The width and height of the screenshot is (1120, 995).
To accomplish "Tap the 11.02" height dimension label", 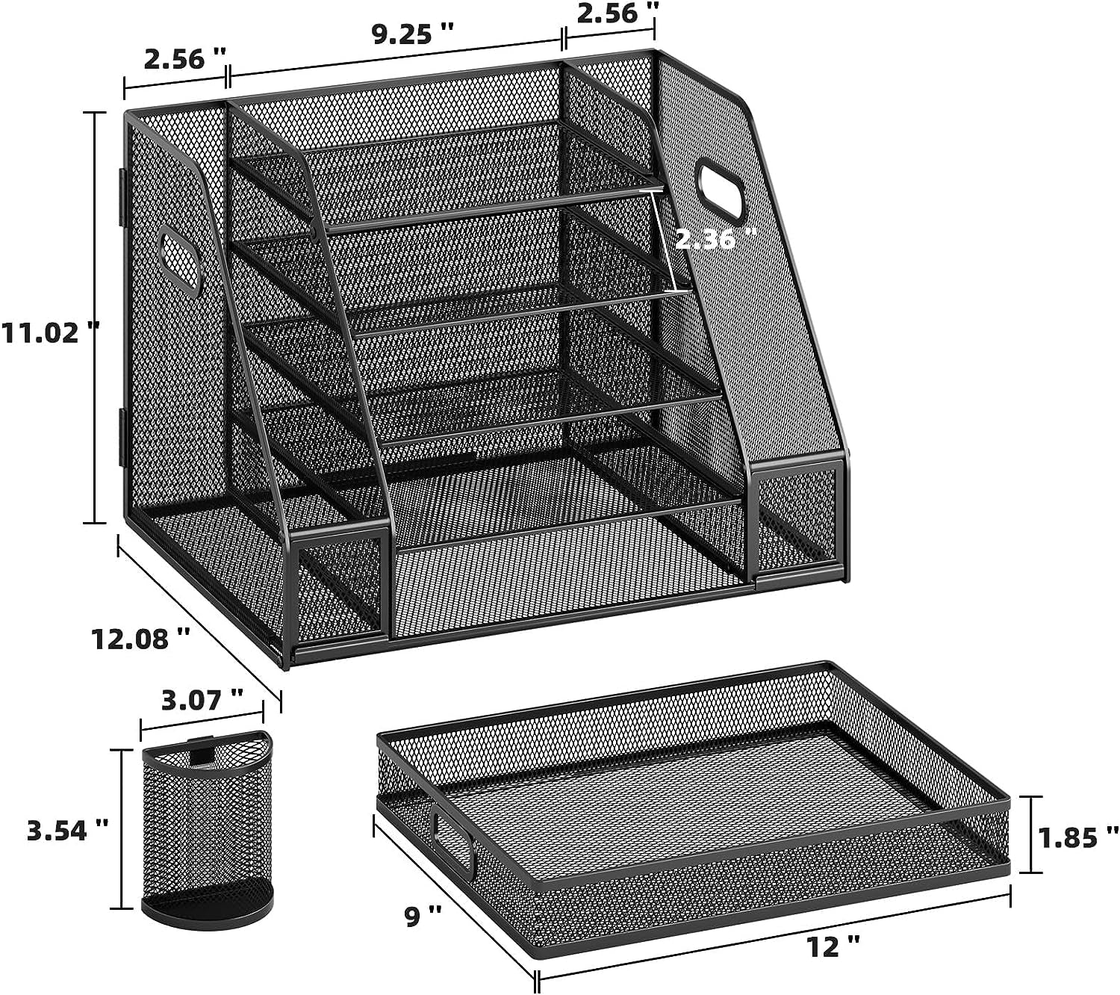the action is point(50,332).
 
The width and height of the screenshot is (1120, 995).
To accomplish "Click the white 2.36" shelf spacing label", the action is point(715,241).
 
